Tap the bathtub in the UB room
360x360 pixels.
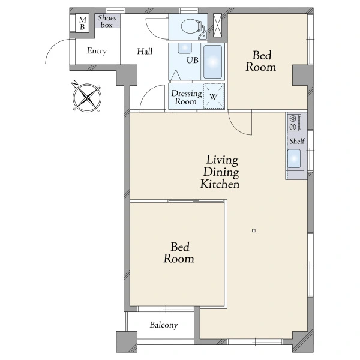point(212,61)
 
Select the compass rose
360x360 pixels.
point(86,97)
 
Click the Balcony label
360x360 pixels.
point(164,325)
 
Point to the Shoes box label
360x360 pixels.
point(107,21)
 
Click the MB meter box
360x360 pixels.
point(82,23)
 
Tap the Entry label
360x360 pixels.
point(97,51)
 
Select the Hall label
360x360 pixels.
point(145,51)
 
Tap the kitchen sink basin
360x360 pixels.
point(294,158)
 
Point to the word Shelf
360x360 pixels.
point(297,141)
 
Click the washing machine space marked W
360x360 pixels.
point(214,96)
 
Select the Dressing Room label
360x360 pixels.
point(186,97)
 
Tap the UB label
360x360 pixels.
point(193,60)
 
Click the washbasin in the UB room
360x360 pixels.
point(184,48)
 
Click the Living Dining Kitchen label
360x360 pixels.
point(220,172)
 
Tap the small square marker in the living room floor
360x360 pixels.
point(254,230)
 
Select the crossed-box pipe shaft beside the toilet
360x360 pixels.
point(217,25)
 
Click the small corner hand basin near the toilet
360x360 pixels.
point(203,36)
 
